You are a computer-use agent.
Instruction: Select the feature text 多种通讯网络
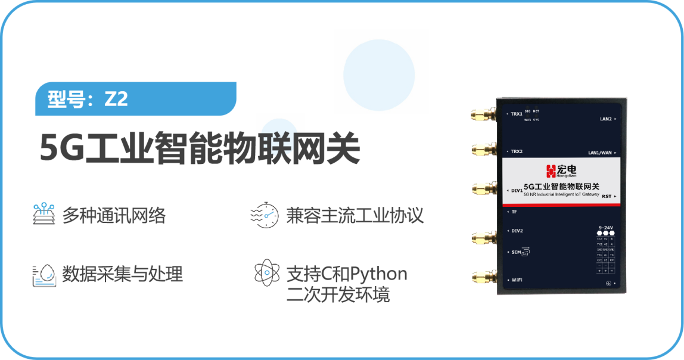click(114, 215)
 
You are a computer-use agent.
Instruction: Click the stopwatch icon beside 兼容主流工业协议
click(264, 215)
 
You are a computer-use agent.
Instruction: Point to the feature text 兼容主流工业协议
click(355, 215)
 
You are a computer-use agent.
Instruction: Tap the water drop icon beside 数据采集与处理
click(43, 274)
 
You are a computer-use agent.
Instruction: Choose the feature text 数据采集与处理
click(123, 274)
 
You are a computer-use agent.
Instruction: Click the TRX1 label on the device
click(516, 114)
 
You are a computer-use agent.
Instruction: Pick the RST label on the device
click(607, 196)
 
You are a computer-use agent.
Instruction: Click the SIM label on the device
click(517, 253)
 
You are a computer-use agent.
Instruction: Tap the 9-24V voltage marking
click(606, 227)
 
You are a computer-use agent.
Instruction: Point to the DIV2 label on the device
click(517, 231)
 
